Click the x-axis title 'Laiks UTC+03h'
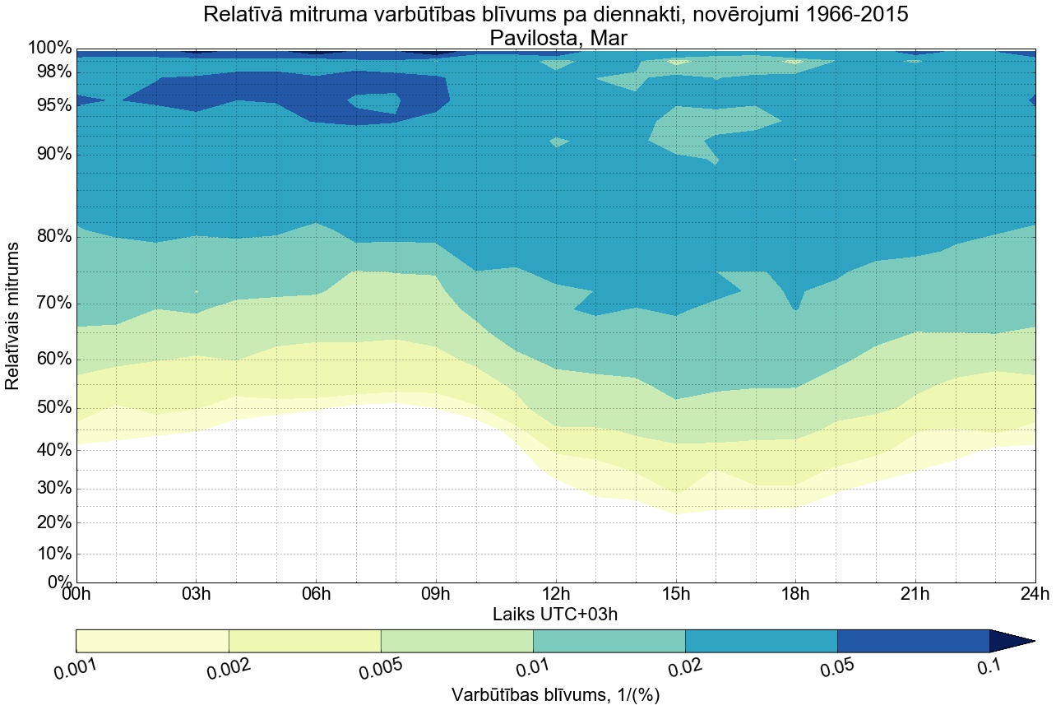[555, 614]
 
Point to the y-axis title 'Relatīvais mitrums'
[13, 316]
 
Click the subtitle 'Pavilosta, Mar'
[555, 38]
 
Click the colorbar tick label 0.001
[75, 671]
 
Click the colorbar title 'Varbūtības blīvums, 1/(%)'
[555, 696]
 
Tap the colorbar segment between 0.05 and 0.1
[913, 641]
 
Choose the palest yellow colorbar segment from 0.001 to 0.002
[152, 641]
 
